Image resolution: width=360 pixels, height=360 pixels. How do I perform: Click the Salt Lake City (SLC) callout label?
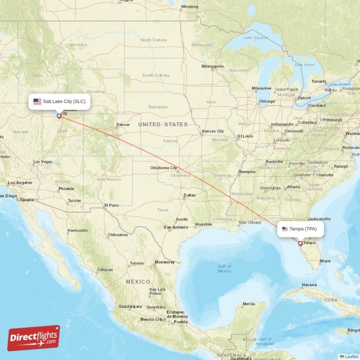pyautogui.click(x=59, y=101)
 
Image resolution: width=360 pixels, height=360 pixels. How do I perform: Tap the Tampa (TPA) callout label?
pyautogui.click(x=300, y=229)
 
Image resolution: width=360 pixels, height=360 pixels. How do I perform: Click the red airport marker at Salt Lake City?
pyautogui.click(x=59, y=116)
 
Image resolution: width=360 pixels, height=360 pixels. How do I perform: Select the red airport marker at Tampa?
pyautogui.click(x=300, y=243)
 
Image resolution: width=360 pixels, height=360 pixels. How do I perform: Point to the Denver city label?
pyautogui.click(x=123, y=125)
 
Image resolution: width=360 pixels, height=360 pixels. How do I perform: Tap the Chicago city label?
pyautogui.click(x=266, y=101)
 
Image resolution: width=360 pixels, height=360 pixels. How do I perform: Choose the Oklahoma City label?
pyautogui.click(x=164, y=168)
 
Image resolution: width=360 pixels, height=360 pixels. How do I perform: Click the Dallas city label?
pyautogui.click(x=189, y=195)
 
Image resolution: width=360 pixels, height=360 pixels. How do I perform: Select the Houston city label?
pyautogui.click(x=203, y=224)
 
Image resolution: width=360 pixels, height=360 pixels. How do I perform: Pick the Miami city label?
pyautogui.click(x=325, y=261)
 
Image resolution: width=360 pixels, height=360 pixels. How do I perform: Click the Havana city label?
pyautogui.click(x=310, y=285)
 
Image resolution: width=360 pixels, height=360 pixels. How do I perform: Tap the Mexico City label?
pyautogui.click(x=151, y=319)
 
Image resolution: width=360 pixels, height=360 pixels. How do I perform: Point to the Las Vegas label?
pyautogui.click(x=43, y=162)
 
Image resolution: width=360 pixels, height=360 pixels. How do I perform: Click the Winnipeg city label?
pyautogui.click(x=189, y=7)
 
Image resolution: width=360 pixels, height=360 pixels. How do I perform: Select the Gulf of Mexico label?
pyautogui.click(x=224, y=269)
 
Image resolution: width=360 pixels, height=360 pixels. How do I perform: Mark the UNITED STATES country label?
pyautogui.click(x=163, y=124)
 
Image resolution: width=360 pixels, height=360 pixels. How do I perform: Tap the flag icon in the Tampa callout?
pyautogui.click(x=285, y=229)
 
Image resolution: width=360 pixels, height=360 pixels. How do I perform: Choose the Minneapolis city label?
pyautogui.click(x=213, y=66)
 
